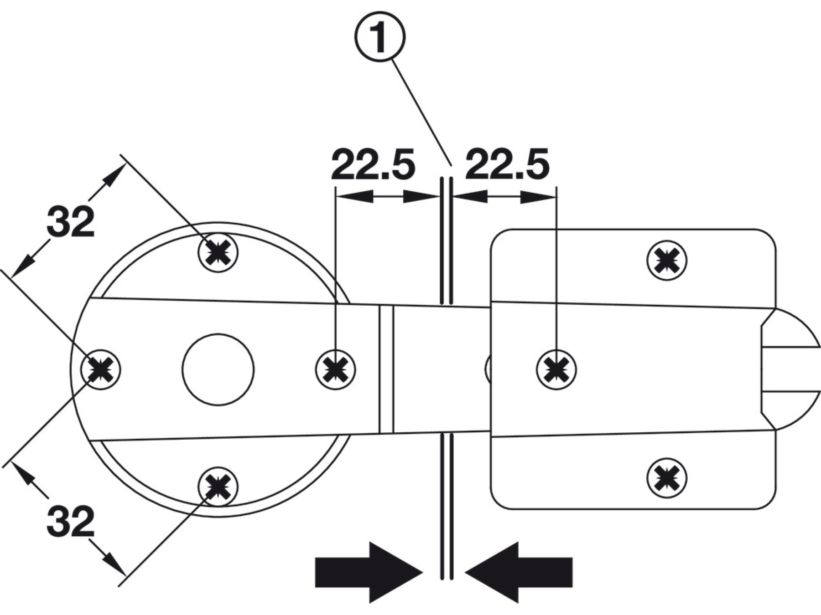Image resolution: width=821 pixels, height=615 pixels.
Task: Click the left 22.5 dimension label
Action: tap(373, 164)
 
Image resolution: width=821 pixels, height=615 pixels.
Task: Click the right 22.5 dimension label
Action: tap(507, 164)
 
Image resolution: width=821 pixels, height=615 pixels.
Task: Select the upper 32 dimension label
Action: tap(71, 222)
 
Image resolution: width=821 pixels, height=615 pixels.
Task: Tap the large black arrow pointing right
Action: tap(368, 572)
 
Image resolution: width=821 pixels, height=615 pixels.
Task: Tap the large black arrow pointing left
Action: tap(520, 572)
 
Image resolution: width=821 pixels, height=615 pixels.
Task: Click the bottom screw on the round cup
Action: tap(218, 487)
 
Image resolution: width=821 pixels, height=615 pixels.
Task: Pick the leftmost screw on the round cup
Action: tap(101, 369)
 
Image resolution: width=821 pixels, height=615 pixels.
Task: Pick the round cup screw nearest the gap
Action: tap(335, 369)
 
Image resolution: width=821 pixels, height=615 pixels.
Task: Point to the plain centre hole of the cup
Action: tap(218, 369)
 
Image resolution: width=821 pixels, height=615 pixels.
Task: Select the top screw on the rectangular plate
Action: tap(666, 261)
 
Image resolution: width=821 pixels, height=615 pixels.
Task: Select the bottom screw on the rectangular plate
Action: tap(666, 477)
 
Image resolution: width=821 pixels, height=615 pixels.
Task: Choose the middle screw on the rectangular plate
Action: tap(556, 369)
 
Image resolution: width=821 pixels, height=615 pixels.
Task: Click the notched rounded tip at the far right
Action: tap(796, 369)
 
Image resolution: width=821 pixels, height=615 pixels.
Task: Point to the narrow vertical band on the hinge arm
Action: tap(386, 369)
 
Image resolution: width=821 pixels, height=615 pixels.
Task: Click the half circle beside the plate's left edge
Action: tap(488, 369)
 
